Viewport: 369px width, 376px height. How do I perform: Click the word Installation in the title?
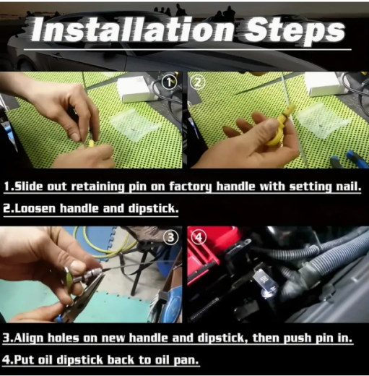point(132,30)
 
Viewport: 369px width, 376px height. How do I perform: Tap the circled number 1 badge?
point(169,82)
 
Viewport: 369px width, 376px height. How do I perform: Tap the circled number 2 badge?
point(197,82)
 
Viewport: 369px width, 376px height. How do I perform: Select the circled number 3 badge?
point(170,237)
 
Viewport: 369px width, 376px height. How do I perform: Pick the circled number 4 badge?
point(199,237)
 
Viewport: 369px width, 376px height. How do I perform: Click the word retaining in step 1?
point(98,187)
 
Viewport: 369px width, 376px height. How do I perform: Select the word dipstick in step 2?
point(152,209)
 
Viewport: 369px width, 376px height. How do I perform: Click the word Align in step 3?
point(28,338)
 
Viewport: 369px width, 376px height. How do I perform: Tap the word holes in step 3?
point(63,338)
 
